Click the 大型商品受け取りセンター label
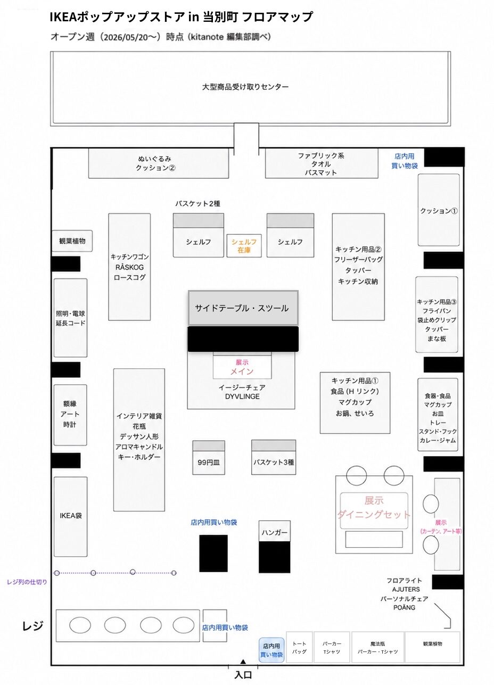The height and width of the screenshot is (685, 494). [245, 87]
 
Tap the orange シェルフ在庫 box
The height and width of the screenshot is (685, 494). [244, 246]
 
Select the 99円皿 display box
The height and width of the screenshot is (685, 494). [209, 458]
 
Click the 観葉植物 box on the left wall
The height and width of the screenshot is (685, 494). [72, 241]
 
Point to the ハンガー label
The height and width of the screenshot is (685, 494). [274, 532]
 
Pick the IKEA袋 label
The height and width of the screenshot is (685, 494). [71, 516]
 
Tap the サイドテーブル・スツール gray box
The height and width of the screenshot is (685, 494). [243, 308]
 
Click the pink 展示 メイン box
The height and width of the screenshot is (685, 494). [242, 366]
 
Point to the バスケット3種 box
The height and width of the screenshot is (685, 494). [274, 457]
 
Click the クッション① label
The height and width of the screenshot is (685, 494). [439, 211]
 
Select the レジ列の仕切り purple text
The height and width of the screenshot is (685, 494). [27, 582]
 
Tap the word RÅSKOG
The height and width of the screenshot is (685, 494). [129, 267]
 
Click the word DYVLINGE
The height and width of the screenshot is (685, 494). [242, 397]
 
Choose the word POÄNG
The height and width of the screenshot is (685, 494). [405, 607]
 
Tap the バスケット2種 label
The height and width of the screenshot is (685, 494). [197, 204]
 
